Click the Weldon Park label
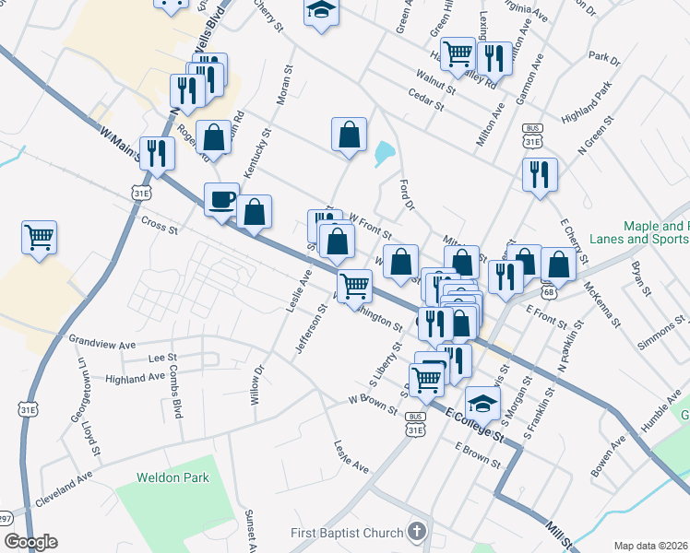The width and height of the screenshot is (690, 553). coord(173,477)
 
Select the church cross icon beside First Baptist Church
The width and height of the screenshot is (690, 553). coord(418,532)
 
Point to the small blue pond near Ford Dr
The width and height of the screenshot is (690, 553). coord(384,153)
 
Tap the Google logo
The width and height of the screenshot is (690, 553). coord(30,542)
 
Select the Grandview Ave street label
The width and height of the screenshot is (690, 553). coord(102,342)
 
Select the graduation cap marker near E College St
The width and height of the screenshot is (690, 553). coord(482,403)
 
